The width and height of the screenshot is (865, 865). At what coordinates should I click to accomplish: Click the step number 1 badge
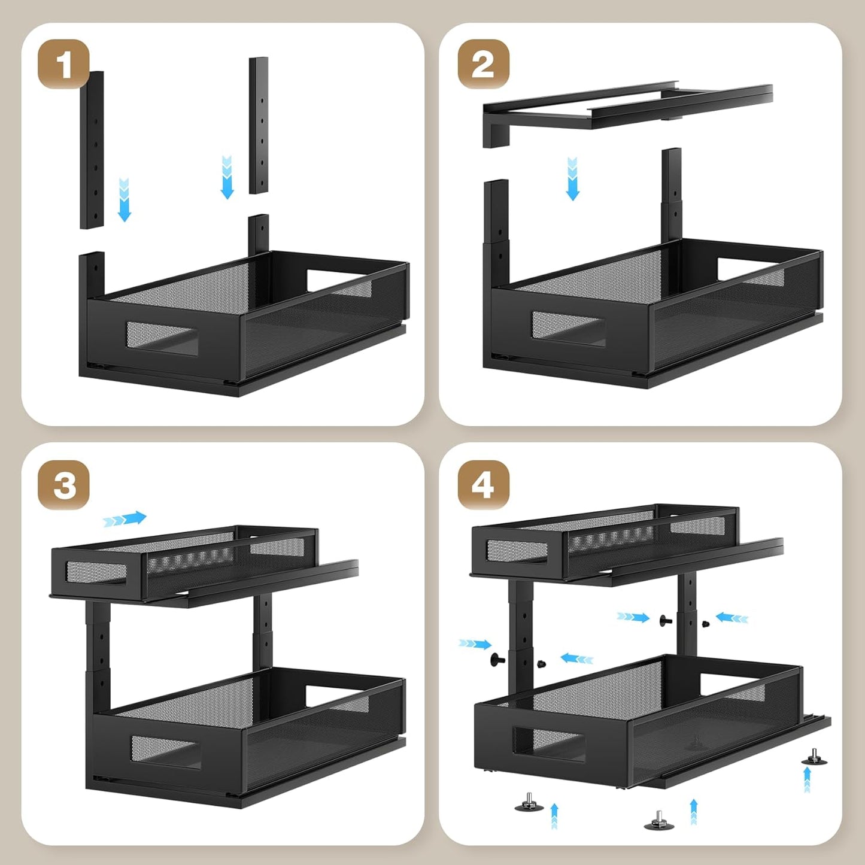(63, 65)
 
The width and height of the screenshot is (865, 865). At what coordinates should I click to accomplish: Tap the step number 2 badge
(483, 65)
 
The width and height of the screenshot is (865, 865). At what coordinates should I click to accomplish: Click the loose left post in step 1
(92, 150)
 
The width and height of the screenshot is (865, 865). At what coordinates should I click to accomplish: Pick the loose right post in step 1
(259, 125)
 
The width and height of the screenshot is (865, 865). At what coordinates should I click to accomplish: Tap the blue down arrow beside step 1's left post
(124, 200)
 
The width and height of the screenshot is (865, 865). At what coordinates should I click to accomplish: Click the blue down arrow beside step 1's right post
(227, 177)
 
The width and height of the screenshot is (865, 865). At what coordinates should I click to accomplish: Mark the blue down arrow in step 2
(572, 179)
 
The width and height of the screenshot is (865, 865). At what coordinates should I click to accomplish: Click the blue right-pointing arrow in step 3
(125, 519)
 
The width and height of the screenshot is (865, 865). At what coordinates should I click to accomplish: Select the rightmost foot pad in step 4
(815, 758)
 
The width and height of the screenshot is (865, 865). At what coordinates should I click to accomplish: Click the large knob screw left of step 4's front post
(497, 660)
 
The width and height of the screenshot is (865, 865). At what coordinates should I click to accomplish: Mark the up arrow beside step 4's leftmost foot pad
(554, 815)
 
